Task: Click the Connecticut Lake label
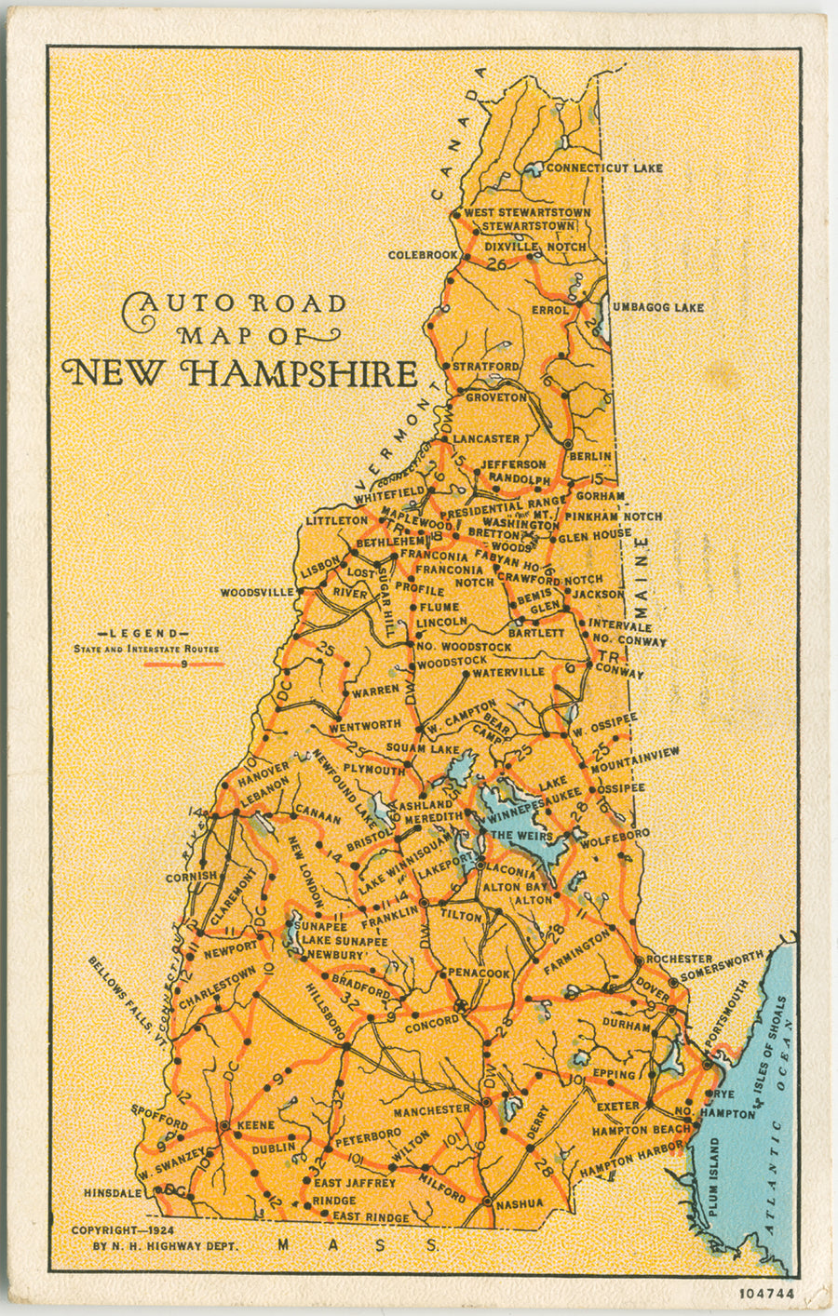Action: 603,168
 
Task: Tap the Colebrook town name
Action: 423,255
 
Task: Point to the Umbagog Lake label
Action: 657,308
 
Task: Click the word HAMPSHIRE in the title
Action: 300,374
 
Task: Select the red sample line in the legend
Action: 184,665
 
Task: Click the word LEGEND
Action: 149,634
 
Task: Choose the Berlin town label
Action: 589,456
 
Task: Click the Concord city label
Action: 432,1021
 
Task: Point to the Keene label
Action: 256,1125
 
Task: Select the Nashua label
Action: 520,1203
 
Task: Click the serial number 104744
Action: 766,1294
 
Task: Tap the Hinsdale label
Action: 113,1192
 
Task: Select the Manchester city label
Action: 431,1110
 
